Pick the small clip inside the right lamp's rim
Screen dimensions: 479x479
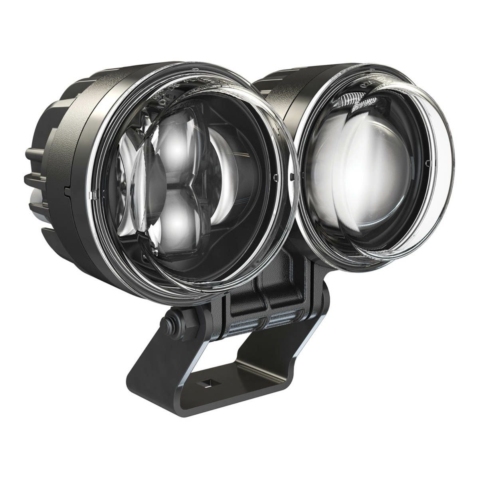point(428,164)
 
